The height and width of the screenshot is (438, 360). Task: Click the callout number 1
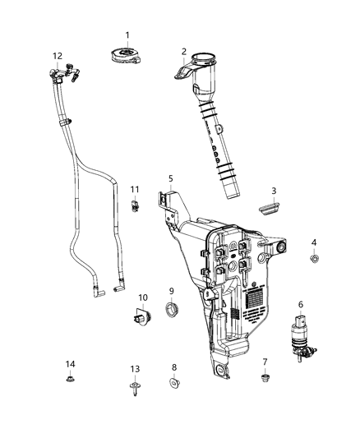(x=127, y=35)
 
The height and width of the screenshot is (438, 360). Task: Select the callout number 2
(x=184, y=51)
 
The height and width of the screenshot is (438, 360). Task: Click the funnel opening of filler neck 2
(x=201, y=63)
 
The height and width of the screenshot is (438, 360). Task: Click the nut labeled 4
(x=314, y=260)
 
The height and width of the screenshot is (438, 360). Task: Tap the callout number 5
(x=170, y=178)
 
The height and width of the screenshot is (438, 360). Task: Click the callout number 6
(x=301, y=304)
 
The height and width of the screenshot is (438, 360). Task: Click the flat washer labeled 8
(x=174, y=382)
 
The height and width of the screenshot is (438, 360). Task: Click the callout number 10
(x=142, y=297)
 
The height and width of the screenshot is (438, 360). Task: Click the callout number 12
(x=57, y=56)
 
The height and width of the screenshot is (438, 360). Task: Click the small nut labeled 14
(x=70, y=379)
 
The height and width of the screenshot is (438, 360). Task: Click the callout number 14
(x=70, y=364)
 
